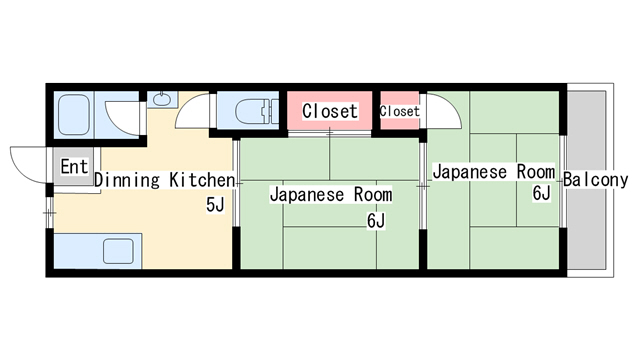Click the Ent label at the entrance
74,167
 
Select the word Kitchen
202,180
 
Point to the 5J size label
215,204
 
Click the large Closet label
330,111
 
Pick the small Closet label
400,111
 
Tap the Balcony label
596,180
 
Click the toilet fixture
256,111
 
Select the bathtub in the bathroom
73,115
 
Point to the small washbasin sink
162,99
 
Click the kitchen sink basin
118,251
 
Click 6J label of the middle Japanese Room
376,221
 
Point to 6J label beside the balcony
542,193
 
